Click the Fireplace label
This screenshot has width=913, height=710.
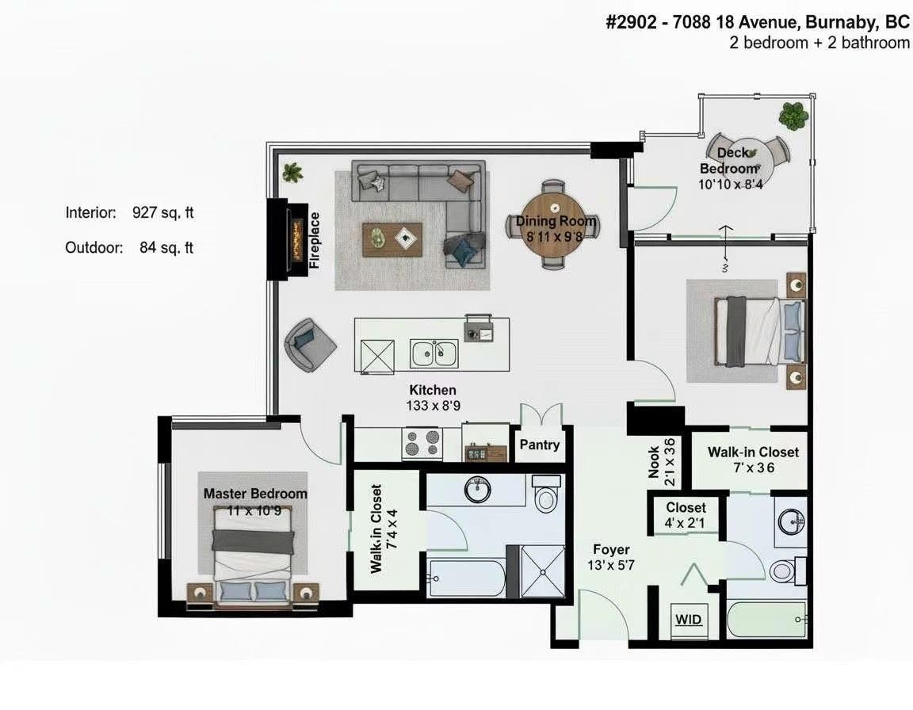315,240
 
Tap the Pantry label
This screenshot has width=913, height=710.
539,445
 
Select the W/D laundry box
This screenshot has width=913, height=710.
688,618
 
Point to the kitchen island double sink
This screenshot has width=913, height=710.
434,352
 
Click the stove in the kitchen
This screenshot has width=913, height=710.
421,444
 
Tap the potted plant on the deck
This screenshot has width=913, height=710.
793,116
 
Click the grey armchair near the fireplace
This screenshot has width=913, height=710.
308,343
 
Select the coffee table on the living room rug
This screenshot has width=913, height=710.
392,239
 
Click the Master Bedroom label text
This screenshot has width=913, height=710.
255,494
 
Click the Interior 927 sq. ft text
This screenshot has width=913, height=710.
129,212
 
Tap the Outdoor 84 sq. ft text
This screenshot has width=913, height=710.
129,247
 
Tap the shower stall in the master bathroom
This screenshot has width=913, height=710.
542,571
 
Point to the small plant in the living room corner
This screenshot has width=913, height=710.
292,171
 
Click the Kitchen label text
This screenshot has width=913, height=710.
432,390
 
